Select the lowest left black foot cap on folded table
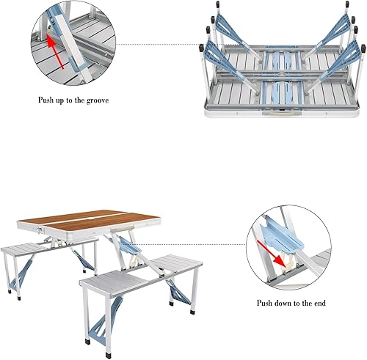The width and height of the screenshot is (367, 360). coord(202,48)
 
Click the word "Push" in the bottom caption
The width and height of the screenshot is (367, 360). coord(267,303)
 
